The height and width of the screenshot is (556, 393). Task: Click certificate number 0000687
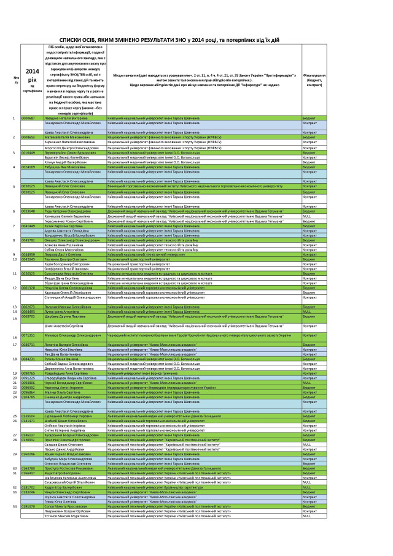[28, 117]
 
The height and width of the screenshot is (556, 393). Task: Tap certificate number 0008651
[28, 137]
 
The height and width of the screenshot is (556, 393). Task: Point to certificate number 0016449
[28, 152]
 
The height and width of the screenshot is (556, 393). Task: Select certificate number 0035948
[28, 211]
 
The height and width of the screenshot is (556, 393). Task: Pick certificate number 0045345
[28, 259]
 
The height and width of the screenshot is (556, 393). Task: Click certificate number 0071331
[28, 336]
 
